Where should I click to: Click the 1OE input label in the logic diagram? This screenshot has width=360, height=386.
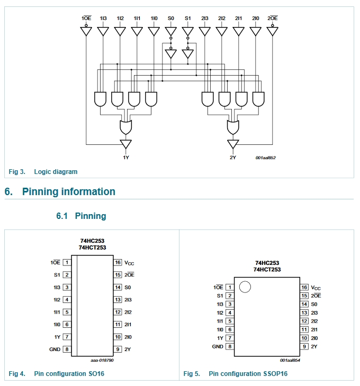86,18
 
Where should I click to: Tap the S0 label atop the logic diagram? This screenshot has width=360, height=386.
171,18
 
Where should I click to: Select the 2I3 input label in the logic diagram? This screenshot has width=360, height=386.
205,18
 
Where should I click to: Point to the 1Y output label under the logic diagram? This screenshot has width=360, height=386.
126,158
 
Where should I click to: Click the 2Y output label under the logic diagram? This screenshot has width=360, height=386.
233,158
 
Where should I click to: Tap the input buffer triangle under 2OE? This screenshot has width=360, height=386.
273,31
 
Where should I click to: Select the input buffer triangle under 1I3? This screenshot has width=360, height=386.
103,31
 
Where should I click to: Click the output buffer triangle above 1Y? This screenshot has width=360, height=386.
126,144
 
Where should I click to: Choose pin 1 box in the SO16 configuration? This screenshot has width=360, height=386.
67,262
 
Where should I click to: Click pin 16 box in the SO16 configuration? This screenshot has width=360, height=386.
118,262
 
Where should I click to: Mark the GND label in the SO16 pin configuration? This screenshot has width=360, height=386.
55,350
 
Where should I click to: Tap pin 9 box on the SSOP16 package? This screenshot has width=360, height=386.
304,347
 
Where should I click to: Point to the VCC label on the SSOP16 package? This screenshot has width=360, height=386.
316,288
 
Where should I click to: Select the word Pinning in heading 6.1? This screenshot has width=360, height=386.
91,216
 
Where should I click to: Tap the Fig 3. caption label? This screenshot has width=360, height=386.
17,171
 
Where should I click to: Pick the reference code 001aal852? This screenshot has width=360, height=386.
266,158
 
